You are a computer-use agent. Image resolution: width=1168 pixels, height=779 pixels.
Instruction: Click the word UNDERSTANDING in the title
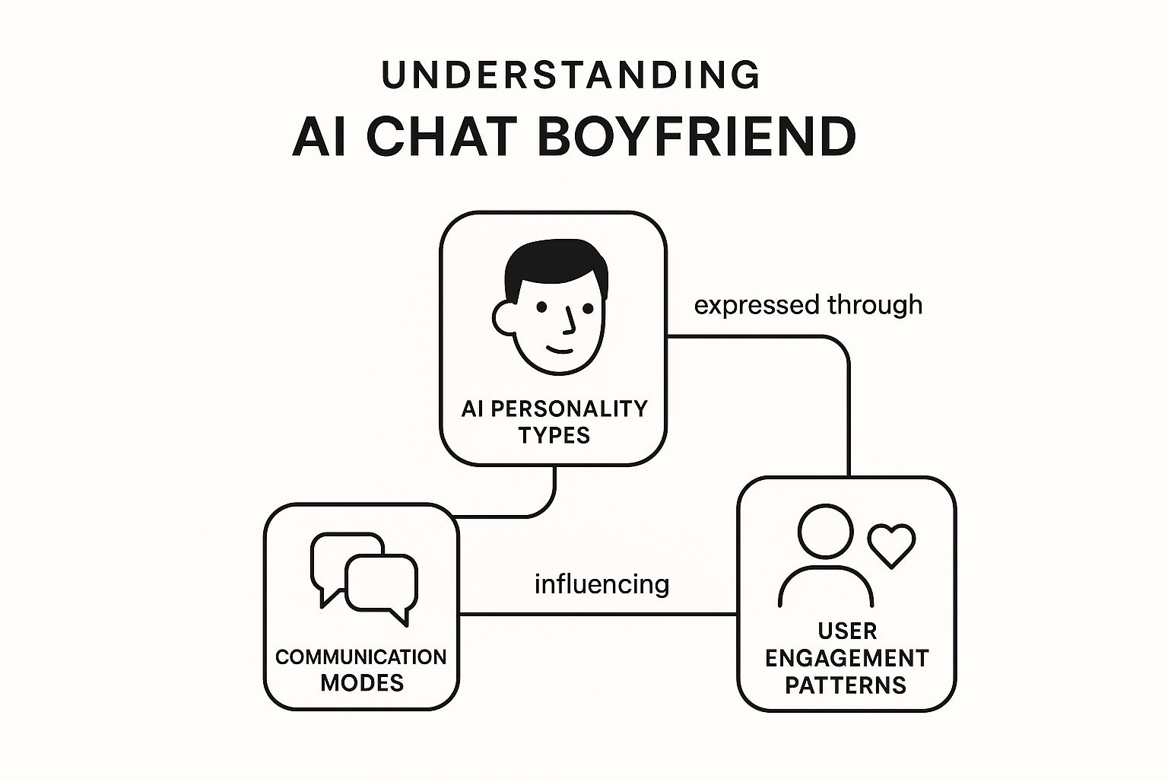[571, 75]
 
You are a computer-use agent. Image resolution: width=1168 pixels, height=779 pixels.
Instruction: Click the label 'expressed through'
[808, 304]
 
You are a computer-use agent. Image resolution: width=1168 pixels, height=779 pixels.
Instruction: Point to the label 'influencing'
[601, 584]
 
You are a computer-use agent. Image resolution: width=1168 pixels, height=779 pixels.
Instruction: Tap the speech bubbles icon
[364, 577]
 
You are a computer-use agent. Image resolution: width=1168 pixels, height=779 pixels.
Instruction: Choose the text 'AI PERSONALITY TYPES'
[554, 421]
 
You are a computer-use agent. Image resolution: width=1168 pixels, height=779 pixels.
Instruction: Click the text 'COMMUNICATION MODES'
[361, 669]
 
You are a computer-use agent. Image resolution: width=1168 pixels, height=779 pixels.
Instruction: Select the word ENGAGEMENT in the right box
[846, 658]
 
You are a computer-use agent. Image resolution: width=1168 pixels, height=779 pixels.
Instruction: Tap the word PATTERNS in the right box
[846, 685]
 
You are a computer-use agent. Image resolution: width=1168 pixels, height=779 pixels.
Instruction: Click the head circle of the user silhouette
[825, 532]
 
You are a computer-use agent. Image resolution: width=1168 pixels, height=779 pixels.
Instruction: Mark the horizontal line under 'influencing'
[598, 613]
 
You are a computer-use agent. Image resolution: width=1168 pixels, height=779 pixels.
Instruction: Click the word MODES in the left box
[362, 682]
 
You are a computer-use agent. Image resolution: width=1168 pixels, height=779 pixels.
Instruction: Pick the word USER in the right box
[847, 631]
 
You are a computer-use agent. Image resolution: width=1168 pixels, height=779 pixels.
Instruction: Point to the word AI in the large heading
[313, 137]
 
